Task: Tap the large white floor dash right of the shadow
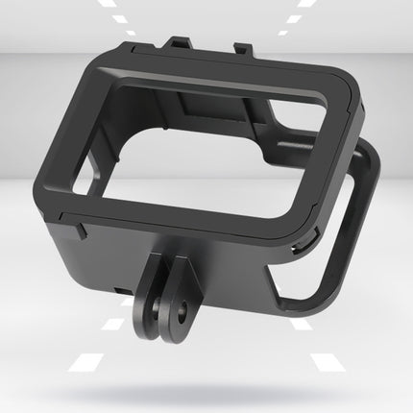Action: pos(327,364)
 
